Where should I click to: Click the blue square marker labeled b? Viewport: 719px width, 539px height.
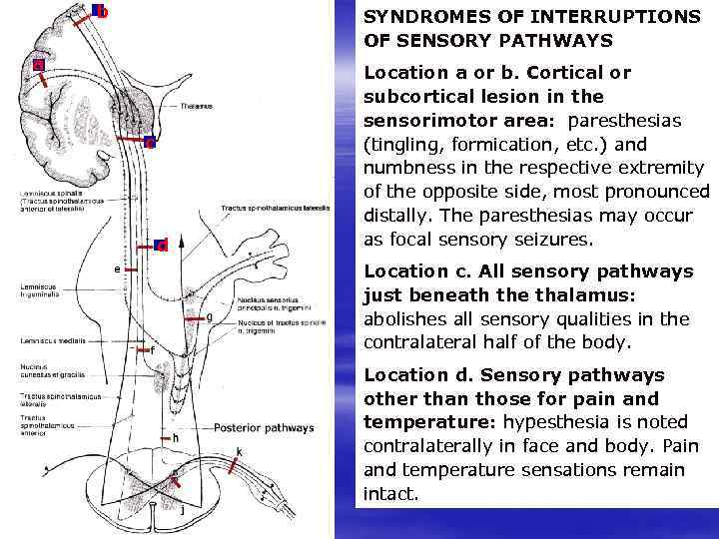(101, 12)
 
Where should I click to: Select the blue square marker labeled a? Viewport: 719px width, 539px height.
(38, 65)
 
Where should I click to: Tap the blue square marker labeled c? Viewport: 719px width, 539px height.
(149, 142)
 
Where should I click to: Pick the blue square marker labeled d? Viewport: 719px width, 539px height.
(161, 245)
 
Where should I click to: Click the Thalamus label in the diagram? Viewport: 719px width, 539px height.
(197, 104)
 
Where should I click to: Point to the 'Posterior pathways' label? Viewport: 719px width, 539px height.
(264, 428)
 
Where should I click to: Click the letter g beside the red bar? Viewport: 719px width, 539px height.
(209, 317)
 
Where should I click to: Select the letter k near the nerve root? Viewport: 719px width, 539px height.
(239, 453)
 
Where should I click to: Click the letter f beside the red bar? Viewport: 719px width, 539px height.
(152, 350)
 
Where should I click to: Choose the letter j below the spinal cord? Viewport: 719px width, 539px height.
(181, 510)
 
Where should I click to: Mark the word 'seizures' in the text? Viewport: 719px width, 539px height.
(558, 240)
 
